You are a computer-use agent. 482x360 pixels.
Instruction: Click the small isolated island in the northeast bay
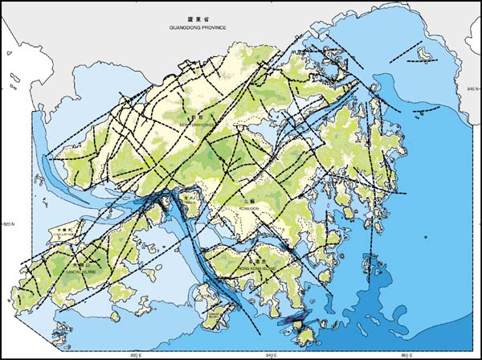(x=426, y=53)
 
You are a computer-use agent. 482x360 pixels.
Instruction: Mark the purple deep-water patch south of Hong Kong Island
(x=297, y=322)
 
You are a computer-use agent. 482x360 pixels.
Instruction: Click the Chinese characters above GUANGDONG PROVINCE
(x=198, y=18)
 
